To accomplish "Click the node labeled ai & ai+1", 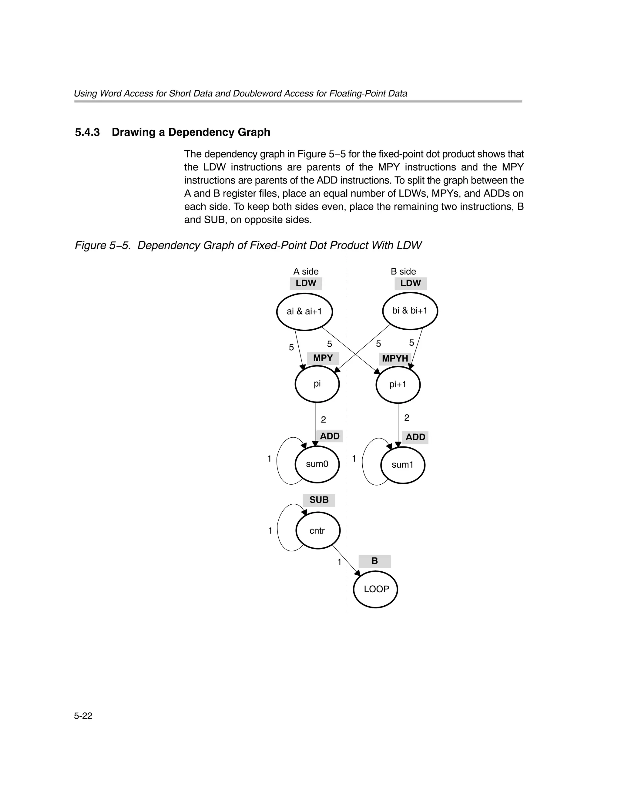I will coord(304,311).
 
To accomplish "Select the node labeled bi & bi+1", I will coord(410,311).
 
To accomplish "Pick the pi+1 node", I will coord(398,385).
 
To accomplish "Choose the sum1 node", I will coord(402,465).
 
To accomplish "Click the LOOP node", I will coord(375,589).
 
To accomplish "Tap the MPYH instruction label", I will coord(395,358).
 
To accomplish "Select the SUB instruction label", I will coord(319,500).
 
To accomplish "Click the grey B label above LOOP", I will coord(374,561).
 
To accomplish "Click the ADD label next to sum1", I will coord(415,437).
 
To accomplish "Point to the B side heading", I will coord(403,271).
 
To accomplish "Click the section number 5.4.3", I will coord(87,133).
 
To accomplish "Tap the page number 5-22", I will coord(83,716).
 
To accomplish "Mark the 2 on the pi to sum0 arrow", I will coord(323,420).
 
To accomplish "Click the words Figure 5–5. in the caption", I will coord(103,246).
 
